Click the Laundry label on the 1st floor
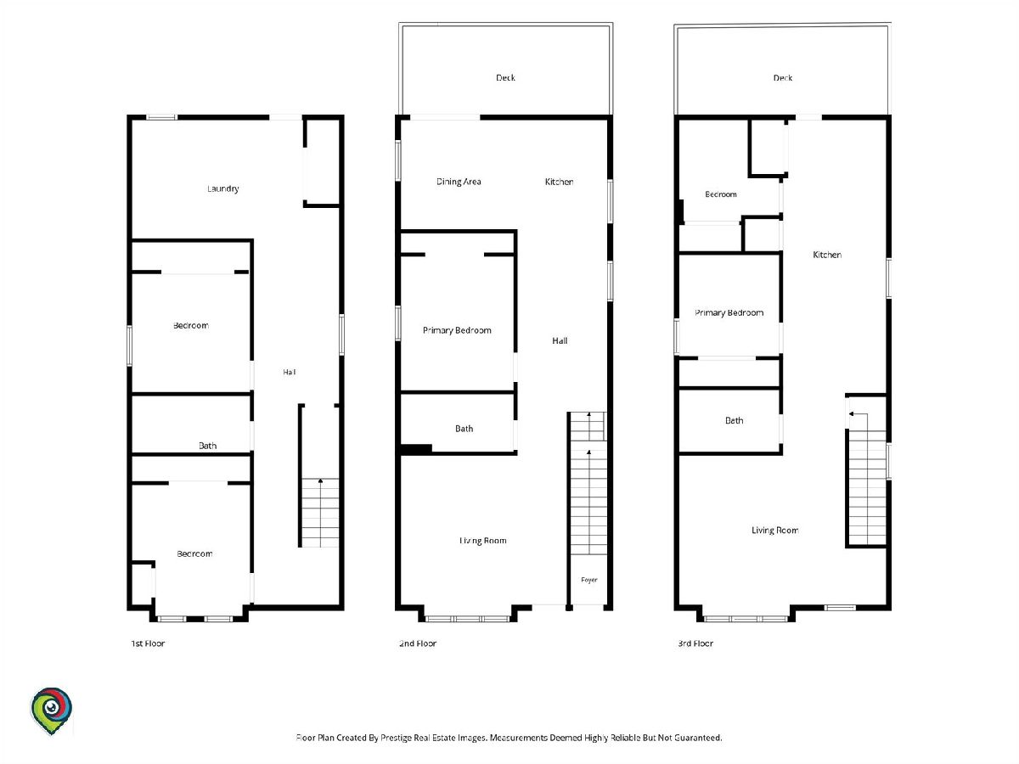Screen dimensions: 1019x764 click(222, 188)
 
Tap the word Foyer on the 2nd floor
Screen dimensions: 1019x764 click(589, 580)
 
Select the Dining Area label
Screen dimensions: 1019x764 click(459, 182)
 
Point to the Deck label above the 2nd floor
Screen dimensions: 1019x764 click(505, 77)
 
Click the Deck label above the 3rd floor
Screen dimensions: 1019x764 click(783, 78)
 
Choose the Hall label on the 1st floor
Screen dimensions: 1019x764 click(290, 372)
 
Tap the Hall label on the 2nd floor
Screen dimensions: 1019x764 click(560, 340)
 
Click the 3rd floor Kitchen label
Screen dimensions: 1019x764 click(827, 254)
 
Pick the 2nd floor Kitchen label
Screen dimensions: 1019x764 click(559, 182)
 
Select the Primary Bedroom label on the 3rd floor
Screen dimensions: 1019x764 click(729, 312)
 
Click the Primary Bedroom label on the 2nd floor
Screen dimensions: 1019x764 click(457, 330)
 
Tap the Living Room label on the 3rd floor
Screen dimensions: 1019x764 click(774, 531)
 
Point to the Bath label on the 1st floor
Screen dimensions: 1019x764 click(207, 446)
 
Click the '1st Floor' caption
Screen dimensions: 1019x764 click(148, 643)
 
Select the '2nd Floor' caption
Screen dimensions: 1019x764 click(418, 643)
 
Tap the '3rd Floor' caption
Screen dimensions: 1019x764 click(695, 643)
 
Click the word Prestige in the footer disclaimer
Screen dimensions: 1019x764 click(396, 737)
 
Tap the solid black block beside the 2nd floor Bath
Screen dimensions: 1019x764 click(416, 448)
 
